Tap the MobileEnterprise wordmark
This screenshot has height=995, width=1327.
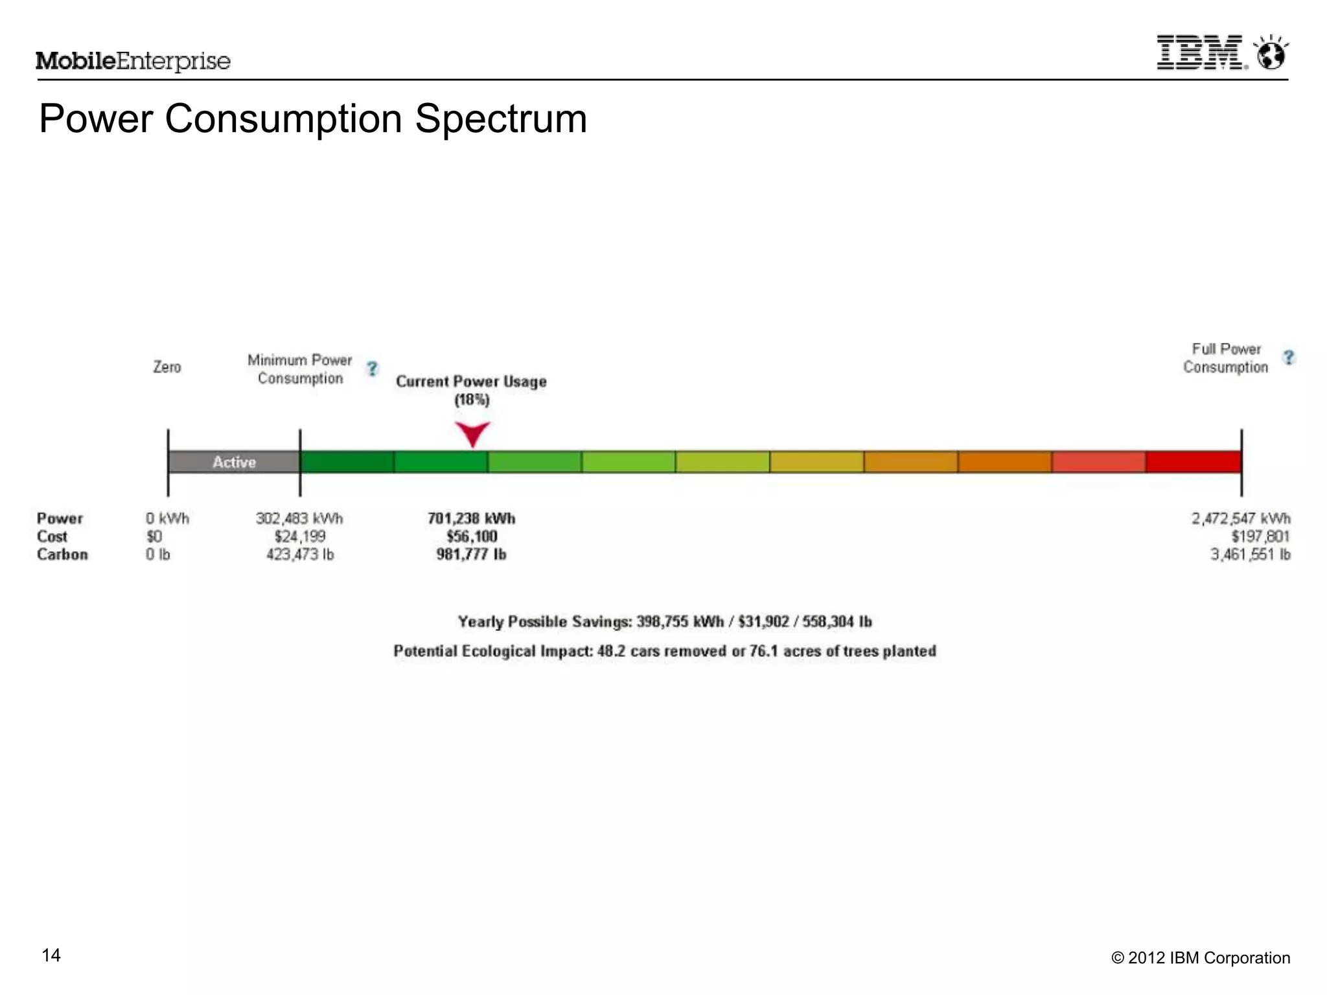[133, 61]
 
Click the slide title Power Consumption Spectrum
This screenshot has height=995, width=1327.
[313, 119]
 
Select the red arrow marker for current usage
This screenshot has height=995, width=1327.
[472, 433]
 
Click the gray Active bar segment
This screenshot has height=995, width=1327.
[234, 462]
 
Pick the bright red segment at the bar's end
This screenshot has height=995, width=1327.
[1193, 462]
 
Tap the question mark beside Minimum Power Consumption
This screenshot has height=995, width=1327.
[372, 369]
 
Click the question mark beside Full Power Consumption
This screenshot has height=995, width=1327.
[1288, 358]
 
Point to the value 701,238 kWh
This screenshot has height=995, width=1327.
[471, 518]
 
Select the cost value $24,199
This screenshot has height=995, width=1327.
[299, 536]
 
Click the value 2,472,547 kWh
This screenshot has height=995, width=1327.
[1240, 518]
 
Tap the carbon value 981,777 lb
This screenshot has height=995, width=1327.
[471, 555]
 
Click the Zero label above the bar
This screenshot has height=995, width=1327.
[167, 367]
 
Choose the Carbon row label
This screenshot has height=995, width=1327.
[62, 555]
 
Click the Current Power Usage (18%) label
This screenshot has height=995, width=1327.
[471, 390]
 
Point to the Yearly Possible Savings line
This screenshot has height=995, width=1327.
[665, 622]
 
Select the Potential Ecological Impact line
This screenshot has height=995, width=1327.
[665, 651]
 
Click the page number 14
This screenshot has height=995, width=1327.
[51, 955]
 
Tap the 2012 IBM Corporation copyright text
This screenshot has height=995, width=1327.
[1201, 958]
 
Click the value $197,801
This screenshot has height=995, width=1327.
[1260, 536]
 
